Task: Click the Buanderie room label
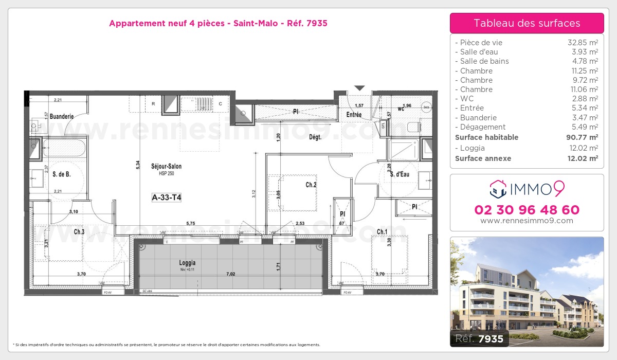[62, 117]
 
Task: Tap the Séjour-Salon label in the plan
[166, 166]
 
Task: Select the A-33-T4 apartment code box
[166, 196]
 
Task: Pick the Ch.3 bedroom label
[79, 232]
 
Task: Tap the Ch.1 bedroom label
[382, 232]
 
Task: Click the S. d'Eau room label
[400, 174]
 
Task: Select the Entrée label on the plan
[354, 115]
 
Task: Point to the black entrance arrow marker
[360, 88]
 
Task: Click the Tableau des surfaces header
[527, 23]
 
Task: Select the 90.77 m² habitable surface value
[583, 137]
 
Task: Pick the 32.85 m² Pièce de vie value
[583, 43]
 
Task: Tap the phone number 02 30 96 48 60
[527, 210]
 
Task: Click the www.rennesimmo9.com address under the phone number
[527, 221]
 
